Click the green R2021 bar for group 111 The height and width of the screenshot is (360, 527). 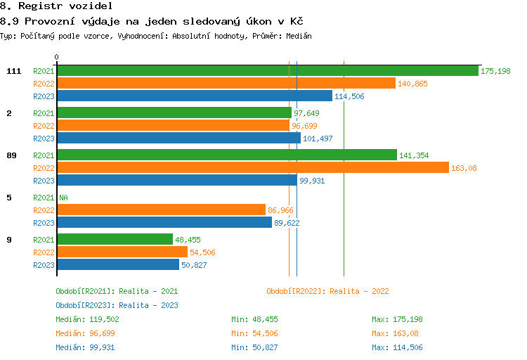(267, 71)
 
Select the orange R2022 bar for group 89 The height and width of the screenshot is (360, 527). (252, 167)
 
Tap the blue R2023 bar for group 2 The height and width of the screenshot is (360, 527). (178, 139)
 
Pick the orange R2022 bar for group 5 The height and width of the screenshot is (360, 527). (161, 210)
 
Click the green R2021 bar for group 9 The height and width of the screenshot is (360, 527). (115, 239)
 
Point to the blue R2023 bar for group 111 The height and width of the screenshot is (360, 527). (194, 96)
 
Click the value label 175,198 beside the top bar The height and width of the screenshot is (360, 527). (495, 71)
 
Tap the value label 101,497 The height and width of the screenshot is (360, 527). (318, 139)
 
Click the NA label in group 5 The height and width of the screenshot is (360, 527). (63, 198)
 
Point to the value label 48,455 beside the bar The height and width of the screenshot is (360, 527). (188, 240)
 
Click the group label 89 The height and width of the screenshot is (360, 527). (11, 155)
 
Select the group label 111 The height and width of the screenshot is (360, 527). (13, 71)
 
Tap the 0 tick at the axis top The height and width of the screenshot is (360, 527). (57, 57)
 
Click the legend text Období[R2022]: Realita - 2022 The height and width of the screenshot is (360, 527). (327, 291)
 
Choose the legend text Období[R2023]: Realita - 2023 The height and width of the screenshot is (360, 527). (117, 305)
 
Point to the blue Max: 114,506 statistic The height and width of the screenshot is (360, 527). (397, 347)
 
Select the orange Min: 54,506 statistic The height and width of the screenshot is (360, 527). (254, 333)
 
